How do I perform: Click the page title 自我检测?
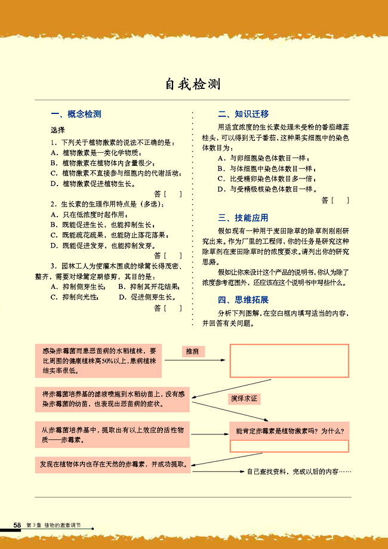click(x=193, y=84)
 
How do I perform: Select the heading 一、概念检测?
click(x=76, y=114)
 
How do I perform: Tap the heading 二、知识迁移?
click(x=243, y=114)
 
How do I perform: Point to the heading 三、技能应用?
click(x=243, y=218)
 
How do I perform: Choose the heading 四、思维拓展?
click(x=243, y=300)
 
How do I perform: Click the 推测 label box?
click(x=193, y=351)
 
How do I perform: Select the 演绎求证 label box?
click(x=244, y=398)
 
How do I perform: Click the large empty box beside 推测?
click(x=289, y=360)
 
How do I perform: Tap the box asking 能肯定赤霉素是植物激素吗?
click(x=289, y=430)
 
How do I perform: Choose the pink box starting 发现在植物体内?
click(x=113, y=464)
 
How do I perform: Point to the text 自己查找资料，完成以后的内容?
click(x=298, y=471)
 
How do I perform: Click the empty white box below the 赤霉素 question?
click(x=289, y=445)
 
